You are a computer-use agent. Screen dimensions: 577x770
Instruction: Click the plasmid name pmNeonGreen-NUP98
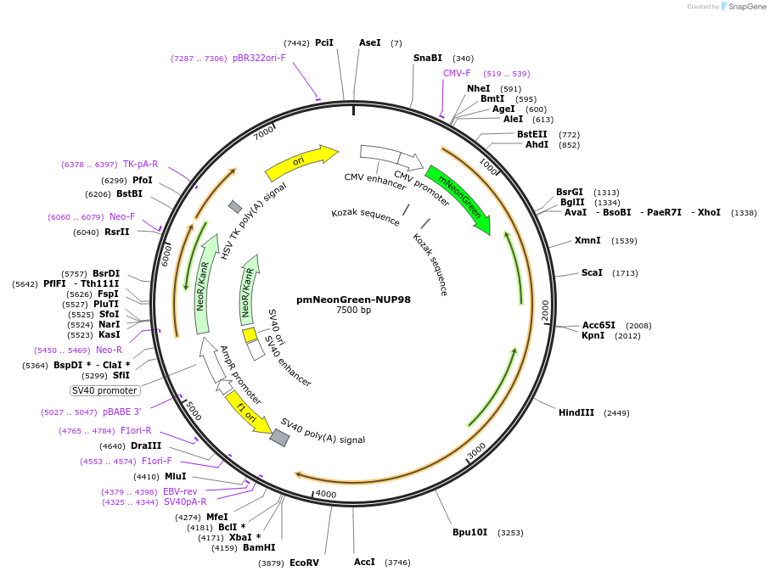tap(353, 300)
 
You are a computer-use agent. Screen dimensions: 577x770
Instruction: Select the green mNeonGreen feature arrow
tap(458, 200)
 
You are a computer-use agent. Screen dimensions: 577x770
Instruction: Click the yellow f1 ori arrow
tap(247, 411)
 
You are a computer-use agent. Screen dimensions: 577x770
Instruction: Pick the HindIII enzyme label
tap(576, 413)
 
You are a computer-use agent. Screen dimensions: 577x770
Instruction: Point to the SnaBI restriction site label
tap(428, 59)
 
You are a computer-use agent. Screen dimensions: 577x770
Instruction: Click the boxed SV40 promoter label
tap(104, 390)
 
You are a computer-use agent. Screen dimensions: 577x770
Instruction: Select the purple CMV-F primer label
tap(457, 74)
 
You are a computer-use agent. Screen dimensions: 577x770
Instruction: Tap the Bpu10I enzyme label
tap(470, 533)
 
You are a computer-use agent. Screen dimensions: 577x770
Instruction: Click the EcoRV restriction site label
tap(304, 563)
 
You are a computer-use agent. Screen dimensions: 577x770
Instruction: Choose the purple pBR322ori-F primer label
tap(259, 59)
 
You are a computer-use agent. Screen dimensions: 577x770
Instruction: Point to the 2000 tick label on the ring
tap(545, 310)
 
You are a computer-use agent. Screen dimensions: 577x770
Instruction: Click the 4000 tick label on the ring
tap(326, 494)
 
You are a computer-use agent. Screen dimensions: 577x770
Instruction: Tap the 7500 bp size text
tap(353, 311)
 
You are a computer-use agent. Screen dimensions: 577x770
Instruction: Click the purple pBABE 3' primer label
tap(122, 412)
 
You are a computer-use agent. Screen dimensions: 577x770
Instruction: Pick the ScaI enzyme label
tap(592, 273)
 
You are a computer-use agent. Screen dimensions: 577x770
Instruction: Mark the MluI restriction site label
tap(175, 477)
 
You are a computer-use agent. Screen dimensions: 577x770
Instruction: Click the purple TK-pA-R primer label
tap(140, 165)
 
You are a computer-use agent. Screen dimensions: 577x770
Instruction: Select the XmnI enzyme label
tap(587, 241)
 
